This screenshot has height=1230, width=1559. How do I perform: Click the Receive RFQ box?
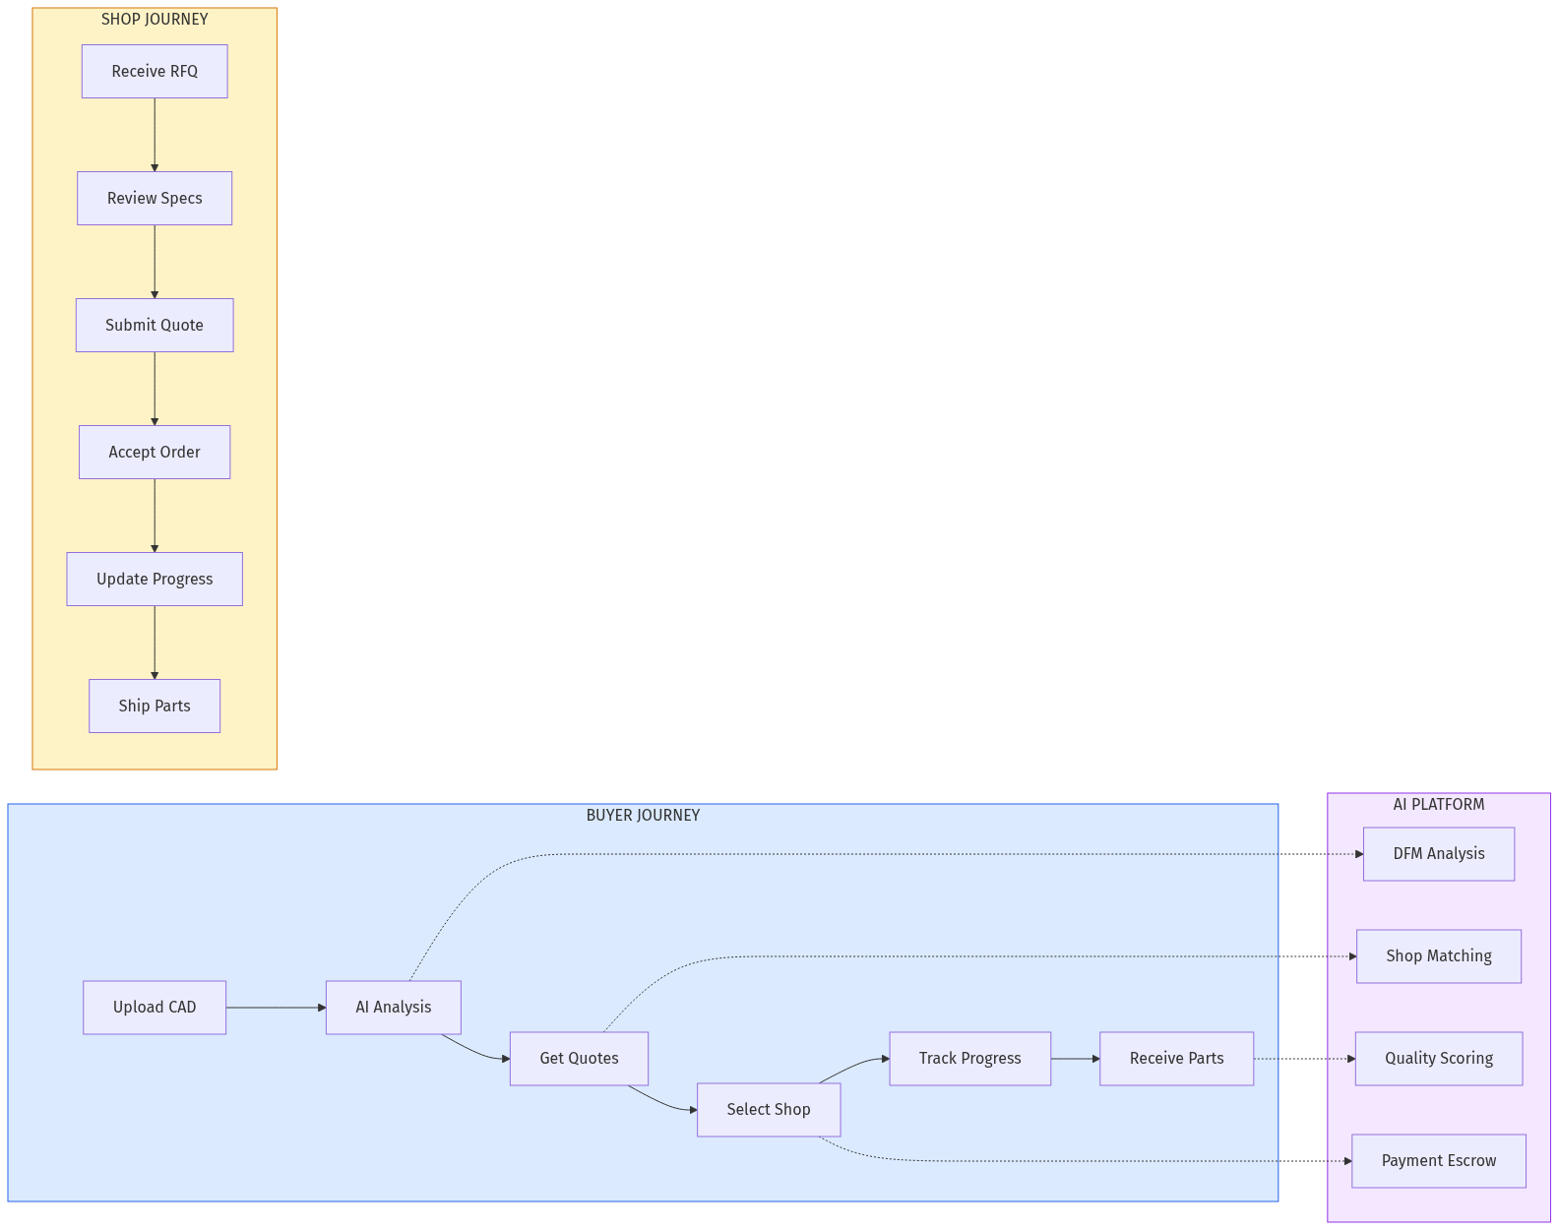(155, 71)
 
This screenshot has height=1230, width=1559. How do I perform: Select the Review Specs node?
(155, 198)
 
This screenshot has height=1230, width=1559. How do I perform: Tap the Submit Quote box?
(155, 325)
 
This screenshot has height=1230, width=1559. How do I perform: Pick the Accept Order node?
(155, 452)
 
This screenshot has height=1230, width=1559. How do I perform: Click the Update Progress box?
(155, 579)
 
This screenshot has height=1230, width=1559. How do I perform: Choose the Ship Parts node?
(155, 706)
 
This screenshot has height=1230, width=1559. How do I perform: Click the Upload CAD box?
(155, 1007)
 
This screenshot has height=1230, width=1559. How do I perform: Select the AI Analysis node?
(394, 1007)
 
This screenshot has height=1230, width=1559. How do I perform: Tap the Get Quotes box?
(579, 1058)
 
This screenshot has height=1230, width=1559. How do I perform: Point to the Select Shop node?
(769, 1109)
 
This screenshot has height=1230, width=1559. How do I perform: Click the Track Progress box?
(969, 1058)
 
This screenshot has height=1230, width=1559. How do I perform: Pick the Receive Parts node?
(1176, 1058)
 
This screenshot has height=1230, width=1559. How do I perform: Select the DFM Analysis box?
(1438, 853)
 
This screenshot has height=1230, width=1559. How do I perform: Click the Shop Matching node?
(1438, 955)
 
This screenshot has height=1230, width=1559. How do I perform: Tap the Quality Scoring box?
(1438, 1058)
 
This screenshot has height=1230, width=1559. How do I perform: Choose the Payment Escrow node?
(1438, 1160)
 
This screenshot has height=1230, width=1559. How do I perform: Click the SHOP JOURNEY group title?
(155, 19)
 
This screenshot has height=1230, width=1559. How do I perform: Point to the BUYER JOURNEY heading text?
(643, 815)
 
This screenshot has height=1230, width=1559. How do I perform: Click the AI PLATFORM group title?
(1438, 804)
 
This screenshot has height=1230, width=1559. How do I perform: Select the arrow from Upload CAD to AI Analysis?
(276, 1007)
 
